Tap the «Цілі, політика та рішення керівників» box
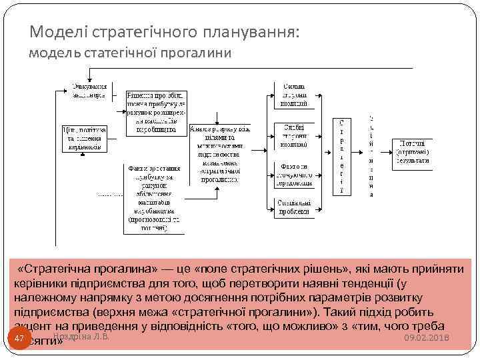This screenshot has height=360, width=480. tap(84, 138)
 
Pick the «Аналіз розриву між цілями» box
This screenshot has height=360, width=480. tap(219, 153)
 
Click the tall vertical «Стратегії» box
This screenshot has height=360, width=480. tap(342, 157)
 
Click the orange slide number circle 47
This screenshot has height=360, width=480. tap(19, 339)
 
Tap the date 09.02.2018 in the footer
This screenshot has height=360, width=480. tap(427, 340)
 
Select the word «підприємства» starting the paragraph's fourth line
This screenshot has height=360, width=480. tap(44, 312)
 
